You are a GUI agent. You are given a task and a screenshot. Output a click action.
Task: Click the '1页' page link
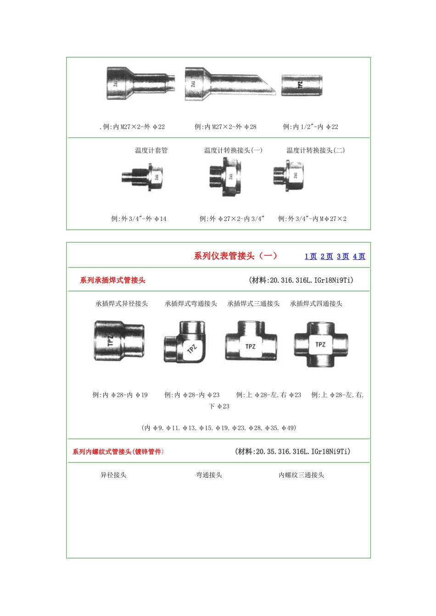coord(311,256)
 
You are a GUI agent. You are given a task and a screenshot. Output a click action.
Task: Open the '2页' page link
coord(327,256)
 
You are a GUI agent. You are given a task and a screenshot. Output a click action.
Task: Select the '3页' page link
coord(343,256)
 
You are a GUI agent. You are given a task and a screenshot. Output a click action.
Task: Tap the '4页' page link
coord(359,256)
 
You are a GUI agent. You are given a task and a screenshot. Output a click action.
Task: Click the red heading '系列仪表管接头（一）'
coord(235,256)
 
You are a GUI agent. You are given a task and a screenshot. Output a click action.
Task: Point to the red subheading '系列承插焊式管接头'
coord(112,280)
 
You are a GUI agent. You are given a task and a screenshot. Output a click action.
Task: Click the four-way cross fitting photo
coord(321,345)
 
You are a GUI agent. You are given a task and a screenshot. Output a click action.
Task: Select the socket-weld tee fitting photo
coord(251,342)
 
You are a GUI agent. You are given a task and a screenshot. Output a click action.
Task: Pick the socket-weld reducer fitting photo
coord(119,341)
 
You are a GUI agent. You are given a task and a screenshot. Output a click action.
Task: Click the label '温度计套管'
coord(151,150)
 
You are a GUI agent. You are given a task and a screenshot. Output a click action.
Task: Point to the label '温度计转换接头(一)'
coord(233,150)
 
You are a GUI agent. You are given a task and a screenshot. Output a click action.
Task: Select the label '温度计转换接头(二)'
coord(316,150)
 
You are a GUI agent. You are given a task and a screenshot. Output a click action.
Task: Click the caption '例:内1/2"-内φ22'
coord(311,126)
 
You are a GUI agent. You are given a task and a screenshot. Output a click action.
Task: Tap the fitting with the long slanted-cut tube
coord(229,83)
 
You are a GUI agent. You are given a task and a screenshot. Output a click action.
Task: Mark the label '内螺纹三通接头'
coord(302,475)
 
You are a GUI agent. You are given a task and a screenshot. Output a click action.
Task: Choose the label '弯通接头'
coord(209,475)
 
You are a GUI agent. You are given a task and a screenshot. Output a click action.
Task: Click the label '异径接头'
coord(114,475)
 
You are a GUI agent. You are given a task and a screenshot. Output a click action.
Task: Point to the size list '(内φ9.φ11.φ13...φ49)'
coord(219,428)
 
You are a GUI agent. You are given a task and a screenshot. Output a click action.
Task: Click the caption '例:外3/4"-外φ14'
coord(139,219)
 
